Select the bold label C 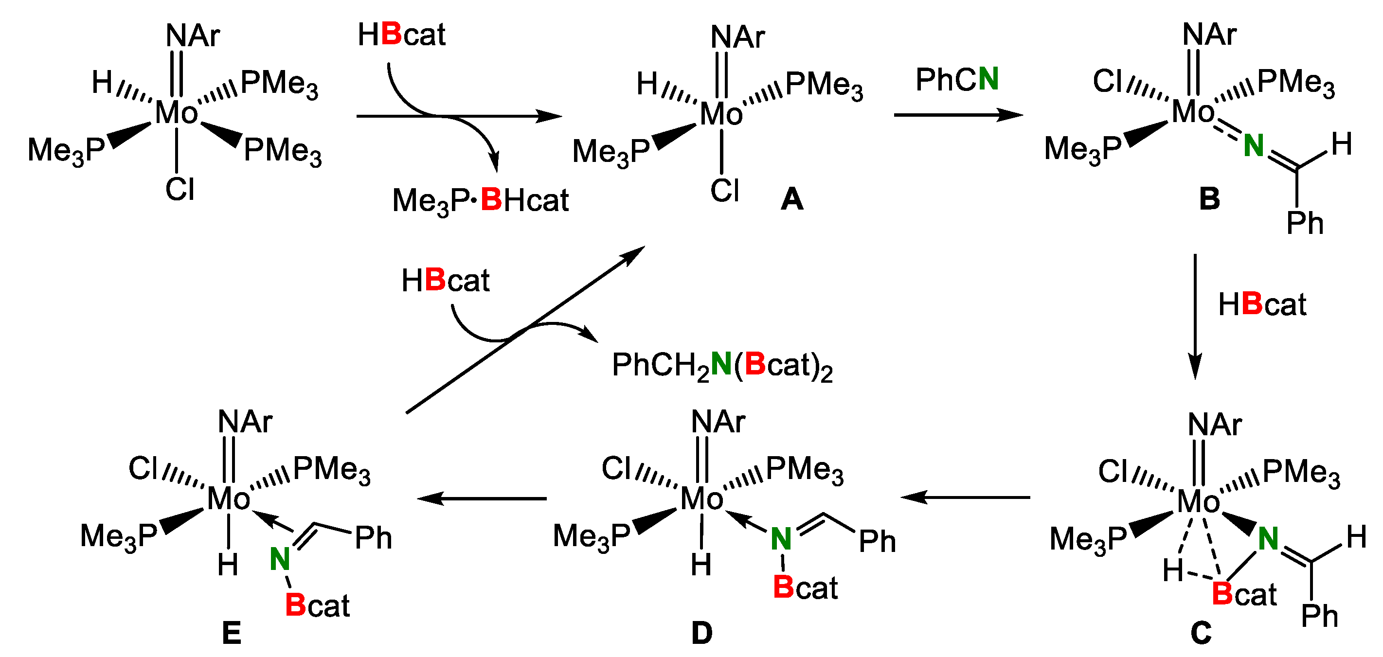pyautogui.click(x=1201, y=633)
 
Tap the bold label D pyautogui.click(x=701, y=633)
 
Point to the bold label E pyautogui.click(x=232, y=633)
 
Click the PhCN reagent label pyautogui.click(x=957, y=79)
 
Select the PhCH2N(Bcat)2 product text pyautogui.click(x=722, y=366)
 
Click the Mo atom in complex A pyautogui.click(x=721, y=114)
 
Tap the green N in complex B pyautogui.click(x=1254, y=145)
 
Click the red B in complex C pyautogui.click(x=1222, y=594)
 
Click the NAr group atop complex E pyautogui.click(x=245, y=422)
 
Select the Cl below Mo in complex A pyautogui.click(x=724, y=191)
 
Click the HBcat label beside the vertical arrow pyautogui.click(x=1262, y=305)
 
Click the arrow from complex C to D pyautogui.click(x=965, y=497)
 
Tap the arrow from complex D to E pyautogui.click(x=482, y=498)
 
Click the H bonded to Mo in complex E pyautogui.click(x=228, y=565)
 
